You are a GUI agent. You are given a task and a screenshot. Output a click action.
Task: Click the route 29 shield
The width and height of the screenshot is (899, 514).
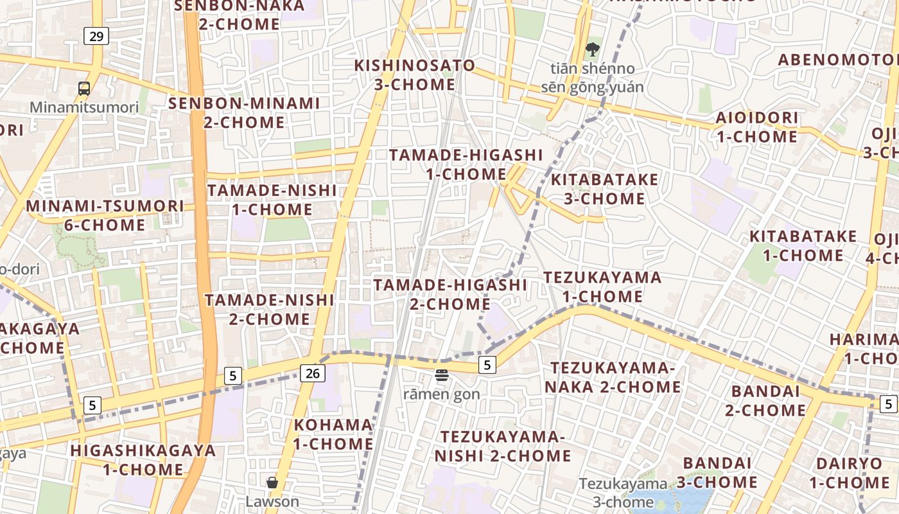coord(96,36)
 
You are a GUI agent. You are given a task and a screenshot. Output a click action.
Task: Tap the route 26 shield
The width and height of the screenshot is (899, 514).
coord(312,373)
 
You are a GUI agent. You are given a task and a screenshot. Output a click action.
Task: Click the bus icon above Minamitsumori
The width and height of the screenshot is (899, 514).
coord(84,89)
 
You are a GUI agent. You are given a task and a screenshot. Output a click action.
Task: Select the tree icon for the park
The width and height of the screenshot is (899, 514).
coord(593,49)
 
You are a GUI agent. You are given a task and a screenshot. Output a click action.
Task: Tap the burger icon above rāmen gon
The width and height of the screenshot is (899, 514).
coord(441,375)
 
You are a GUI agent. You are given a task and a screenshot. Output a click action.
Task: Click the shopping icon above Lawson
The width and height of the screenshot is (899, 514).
coord(272,483)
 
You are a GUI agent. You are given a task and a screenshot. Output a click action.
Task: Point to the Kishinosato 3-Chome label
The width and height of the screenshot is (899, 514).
coord(415,75)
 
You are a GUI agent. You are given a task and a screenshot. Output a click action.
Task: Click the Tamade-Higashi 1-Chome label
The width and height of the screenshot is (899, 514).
coord(466,164)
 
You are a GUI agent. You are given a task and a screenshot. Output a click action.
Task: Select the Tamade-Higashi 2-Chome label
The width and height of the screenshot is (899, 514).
coord(450,294)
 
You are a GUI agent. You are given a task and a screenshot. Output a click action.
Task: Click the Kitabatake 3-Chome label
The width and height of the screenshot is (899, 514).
coord(604,189)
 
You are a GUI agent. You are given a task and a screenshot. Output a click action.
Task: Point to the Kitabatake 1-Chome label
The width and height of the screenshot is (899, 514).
coord(803,245)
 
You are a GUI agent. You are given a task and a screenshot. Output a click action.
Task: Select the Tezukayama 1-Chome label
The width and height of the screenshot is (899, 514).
coord(602,287)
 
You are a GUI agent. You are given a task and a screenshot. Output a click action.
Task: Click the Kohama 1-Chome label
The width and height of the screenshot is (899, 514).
coord(333,434)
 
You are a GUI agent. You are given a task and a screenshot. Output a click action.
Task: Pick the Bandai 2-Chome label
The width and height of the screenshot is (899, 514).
coord(765,400)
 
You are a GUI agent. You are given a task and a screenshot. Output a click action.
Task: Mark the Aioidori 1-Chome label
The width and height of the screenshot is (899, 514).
coord(757,127)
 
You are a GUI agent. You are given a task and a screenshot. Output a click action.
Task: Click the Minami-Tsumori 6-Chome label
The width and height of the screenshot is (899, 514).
coord(105,215)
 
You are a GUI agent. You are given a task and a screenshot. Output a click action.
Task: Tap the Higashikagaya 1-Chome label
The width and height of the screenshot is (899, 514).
coord(143,459)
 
